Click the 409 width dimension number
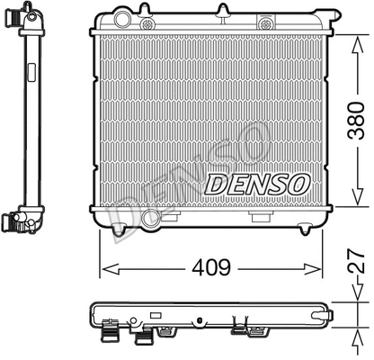[209, 267]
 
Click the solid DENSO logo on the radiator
[257, 184]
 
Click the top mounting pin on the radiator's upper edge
[221, 11]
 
